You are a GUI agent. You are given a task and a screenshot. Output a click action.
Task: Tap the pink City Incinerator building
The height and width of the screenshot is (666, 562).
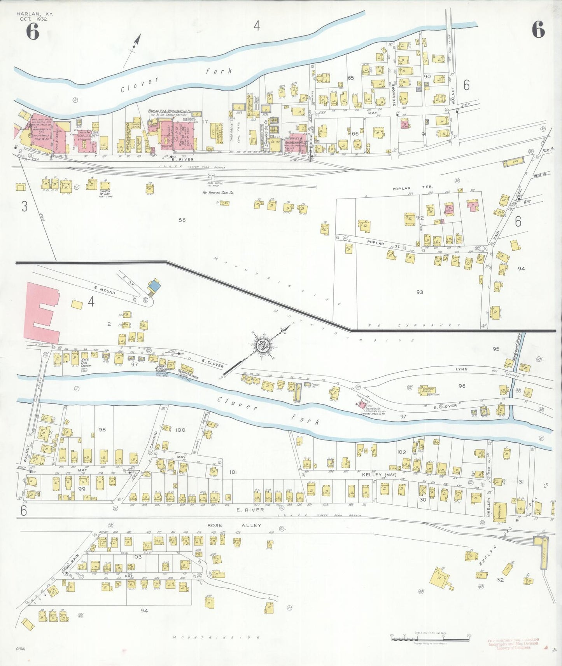(362, 405)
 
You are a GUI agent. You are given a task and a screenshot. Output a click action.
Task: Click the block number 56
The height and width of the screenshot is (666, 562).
(182, 220)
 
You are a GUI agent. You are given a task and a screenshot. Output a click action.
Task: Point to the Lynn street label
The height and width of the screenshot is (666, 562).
(462, 369)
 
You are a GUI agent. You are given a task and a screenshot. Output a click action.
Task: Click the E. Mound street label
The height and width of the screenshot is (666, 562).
(104, 289)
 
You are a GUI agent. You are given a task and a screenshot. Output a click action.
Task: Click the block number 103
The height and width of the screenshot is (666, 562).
(137, 557)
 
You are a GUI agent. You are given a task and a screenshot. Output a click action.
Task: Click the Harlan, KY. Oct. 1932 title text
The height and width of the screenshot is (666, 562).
(35, 16)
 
